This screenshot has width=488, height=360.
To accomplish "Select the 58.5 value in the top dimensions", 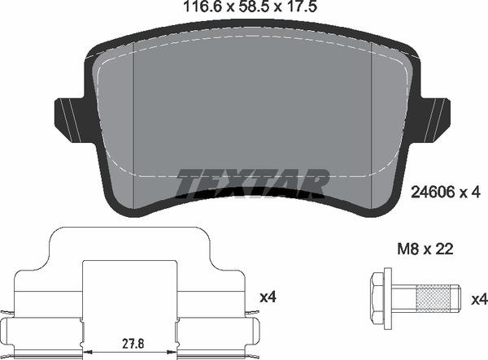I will tap(243, 8).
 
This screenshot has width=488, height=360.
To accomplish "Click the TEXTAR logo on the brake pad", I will tap(252, 183).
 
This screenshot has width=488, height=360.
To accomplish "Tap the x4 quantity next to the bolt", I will tap(478, 299).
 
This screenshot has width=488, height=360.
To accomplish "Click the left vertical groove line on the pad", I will tap(133, 122).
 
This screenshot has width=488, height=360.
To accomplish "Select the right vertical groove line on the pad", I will tap(372, 122).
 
